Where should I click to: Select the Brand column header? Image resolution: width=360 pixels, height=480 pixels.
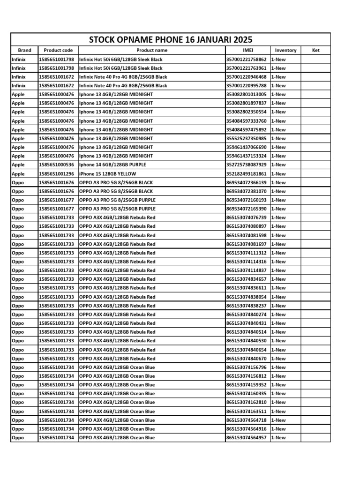(x=24, y=50)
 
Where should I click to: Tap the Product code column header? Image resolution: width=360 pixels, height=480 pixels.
(x=58, y=50)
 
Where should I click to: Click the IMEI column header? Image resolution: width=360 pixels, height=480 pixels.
(x=247, y=50)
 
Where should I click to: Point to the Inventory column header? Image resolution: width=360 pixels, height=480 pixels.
(x=285, y=50)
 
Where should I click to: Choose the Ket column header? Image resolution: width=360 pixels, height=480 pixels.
(x=315, y=50)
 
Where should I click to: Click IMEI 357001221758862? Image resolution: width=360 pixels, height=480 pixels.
(x=247, y=60)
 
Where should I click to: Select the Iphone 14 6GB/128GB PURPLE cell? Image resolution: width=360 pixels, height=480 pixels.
(x=112, y=165)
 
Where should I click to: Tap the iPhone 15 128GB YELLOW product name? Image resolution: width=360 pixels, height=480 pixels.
(x=108, y=174)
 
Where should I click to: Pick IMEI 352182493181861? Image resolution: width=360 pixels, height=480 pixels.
(x=247, y=174)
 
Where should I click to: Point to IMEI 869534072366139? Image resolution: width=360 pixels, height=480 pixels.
(x=247, y=182)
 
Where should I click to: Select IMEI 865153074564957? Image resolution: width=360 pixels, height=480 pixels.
(x=247, y=438)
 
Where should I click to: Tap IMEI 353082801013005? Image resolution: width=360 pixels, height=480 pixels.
(x=247, y=94)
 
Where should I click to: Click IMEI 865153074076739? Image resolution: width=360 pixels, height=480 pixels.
(x=247, y=217)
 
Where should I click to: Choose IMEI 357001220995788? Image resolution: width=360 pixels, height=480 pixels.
(x=247, y=86)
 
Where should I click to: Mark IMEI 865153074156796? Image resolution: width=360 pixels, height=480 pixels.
(x=247, y=367)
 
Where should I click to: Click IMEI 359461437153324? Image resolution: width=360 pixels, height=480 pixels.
(x=247, y=156)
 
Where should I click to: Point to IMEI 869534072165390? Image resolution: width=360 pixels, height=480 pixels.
(x=247, y=209)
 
